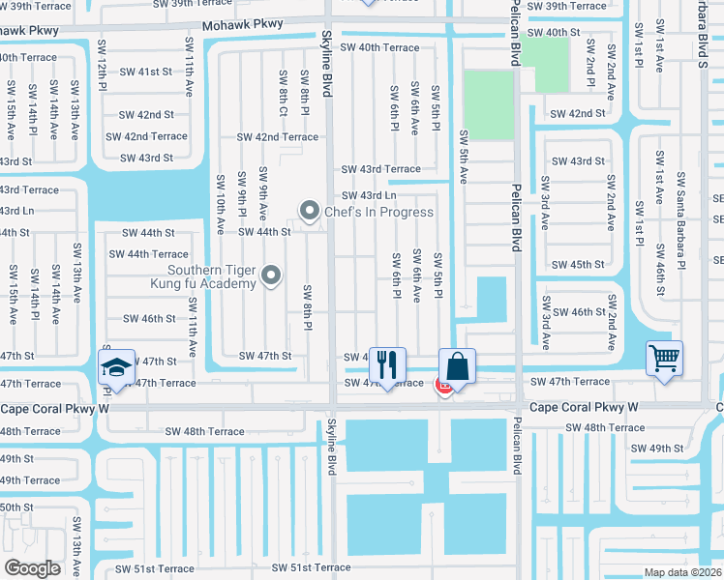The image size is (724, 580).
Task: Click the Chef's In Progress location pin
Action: pos(310,210)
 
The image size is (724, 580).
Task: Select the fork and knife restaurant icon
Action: pos(387,365)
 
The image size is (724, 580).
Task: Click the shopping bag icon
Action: pos(458,366)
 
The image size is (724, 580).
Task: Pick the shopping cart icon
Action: pos(665,359)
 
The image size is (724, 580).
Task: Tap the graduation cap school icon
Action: pos(116,367)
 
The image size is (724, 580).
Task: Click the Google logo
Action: pos(32,568)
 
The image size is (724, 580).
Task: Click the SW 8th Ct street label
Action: pos(283,93)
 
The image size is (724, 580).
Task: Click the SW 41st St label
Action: pos(146,72)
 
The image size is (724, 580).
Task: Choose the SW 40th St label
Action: pos(562,33)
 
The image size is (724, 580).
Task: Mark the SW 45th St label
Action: pos(578,265)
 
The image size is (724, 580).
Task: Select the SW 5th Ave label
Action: pos(464,157)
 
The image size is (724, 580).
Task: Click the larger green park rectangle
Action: pos(487,103)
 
